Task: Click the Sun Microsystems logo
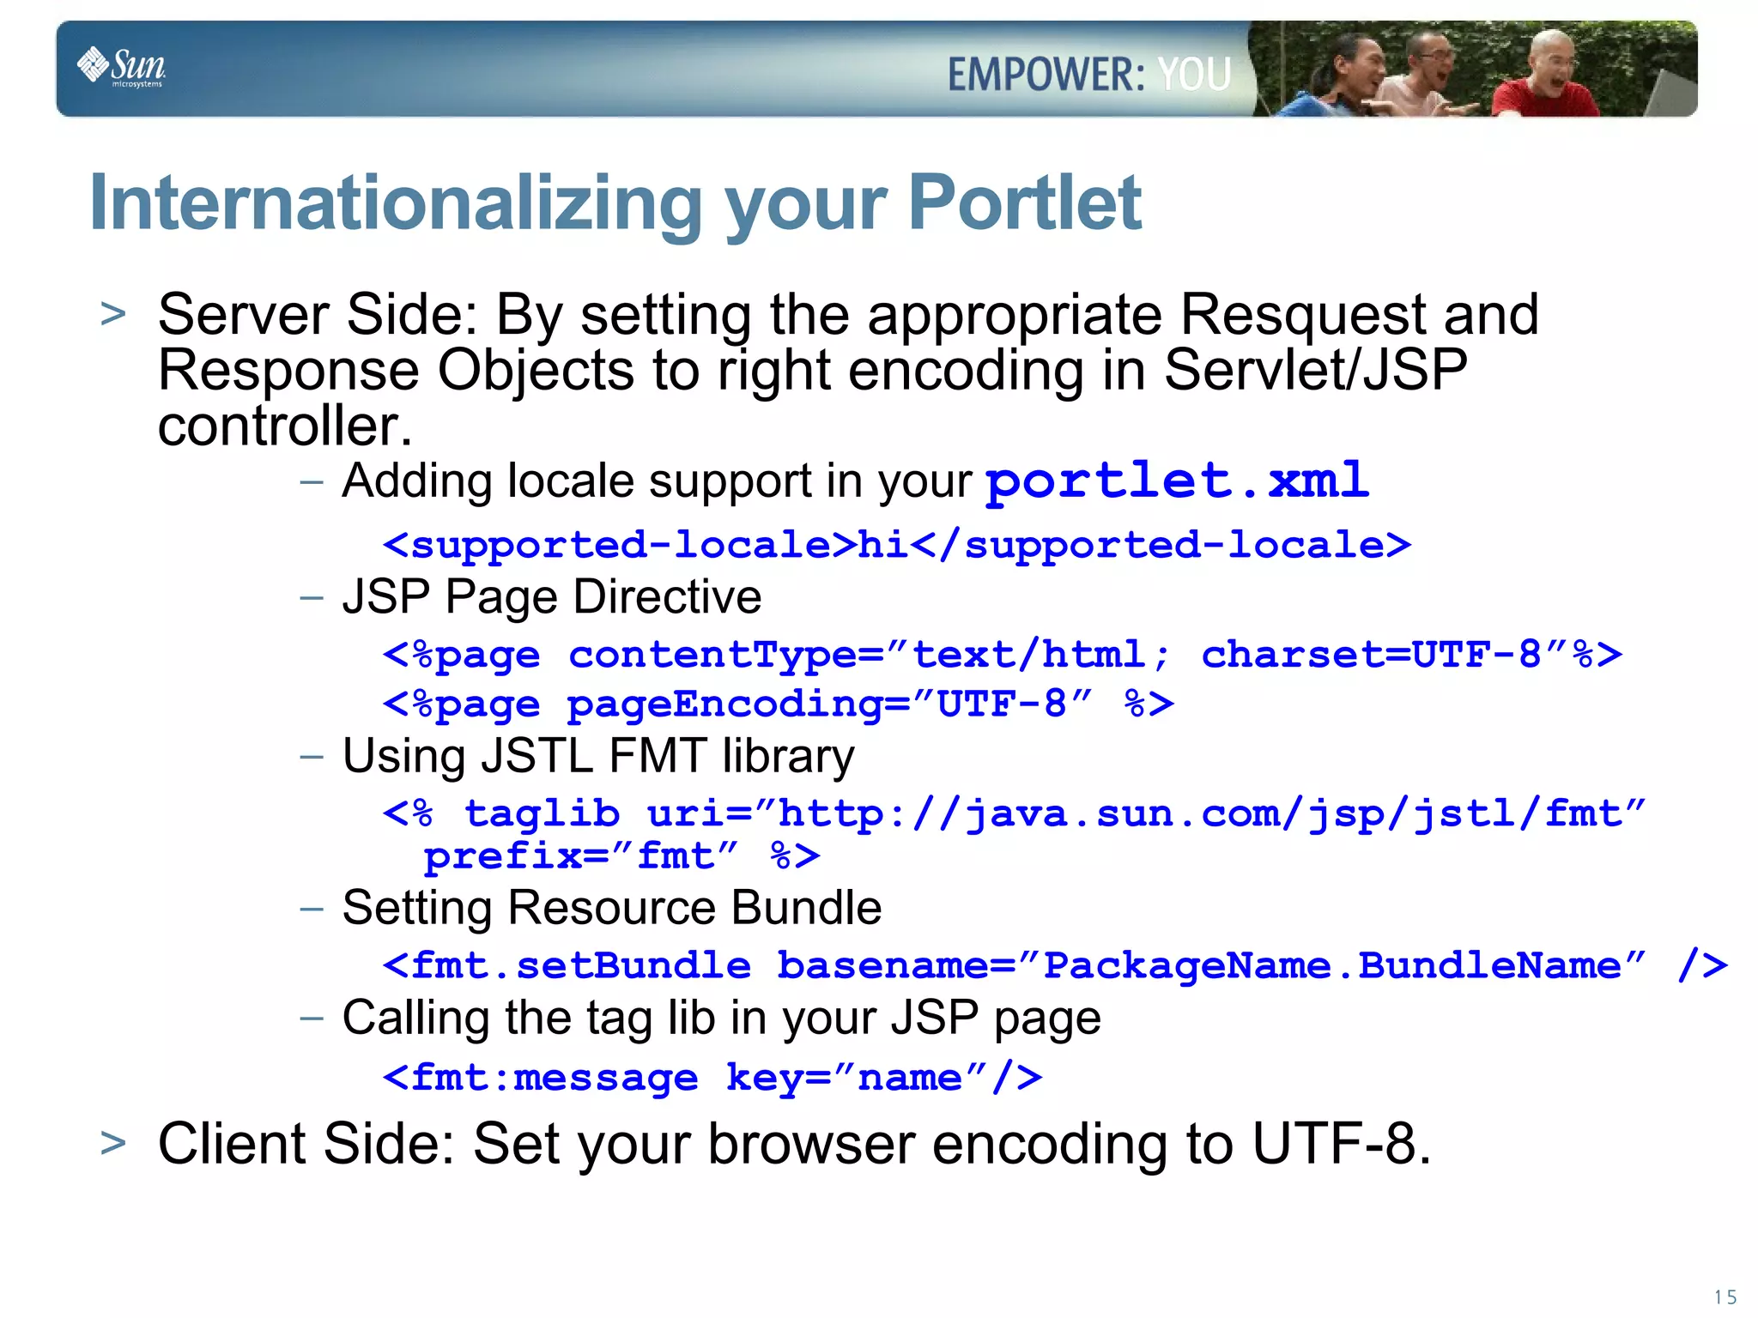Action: [121, 67]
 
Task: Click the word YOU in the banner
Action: [1194, 74]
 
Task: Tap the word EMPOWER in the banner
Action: [1046, 74]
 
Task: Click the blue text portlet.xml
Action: [1176, 481]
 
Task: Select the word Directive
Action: [667, 596]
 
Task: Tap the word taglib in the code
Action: [542, 813]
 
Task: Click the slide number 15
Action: [1725, 1297]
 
